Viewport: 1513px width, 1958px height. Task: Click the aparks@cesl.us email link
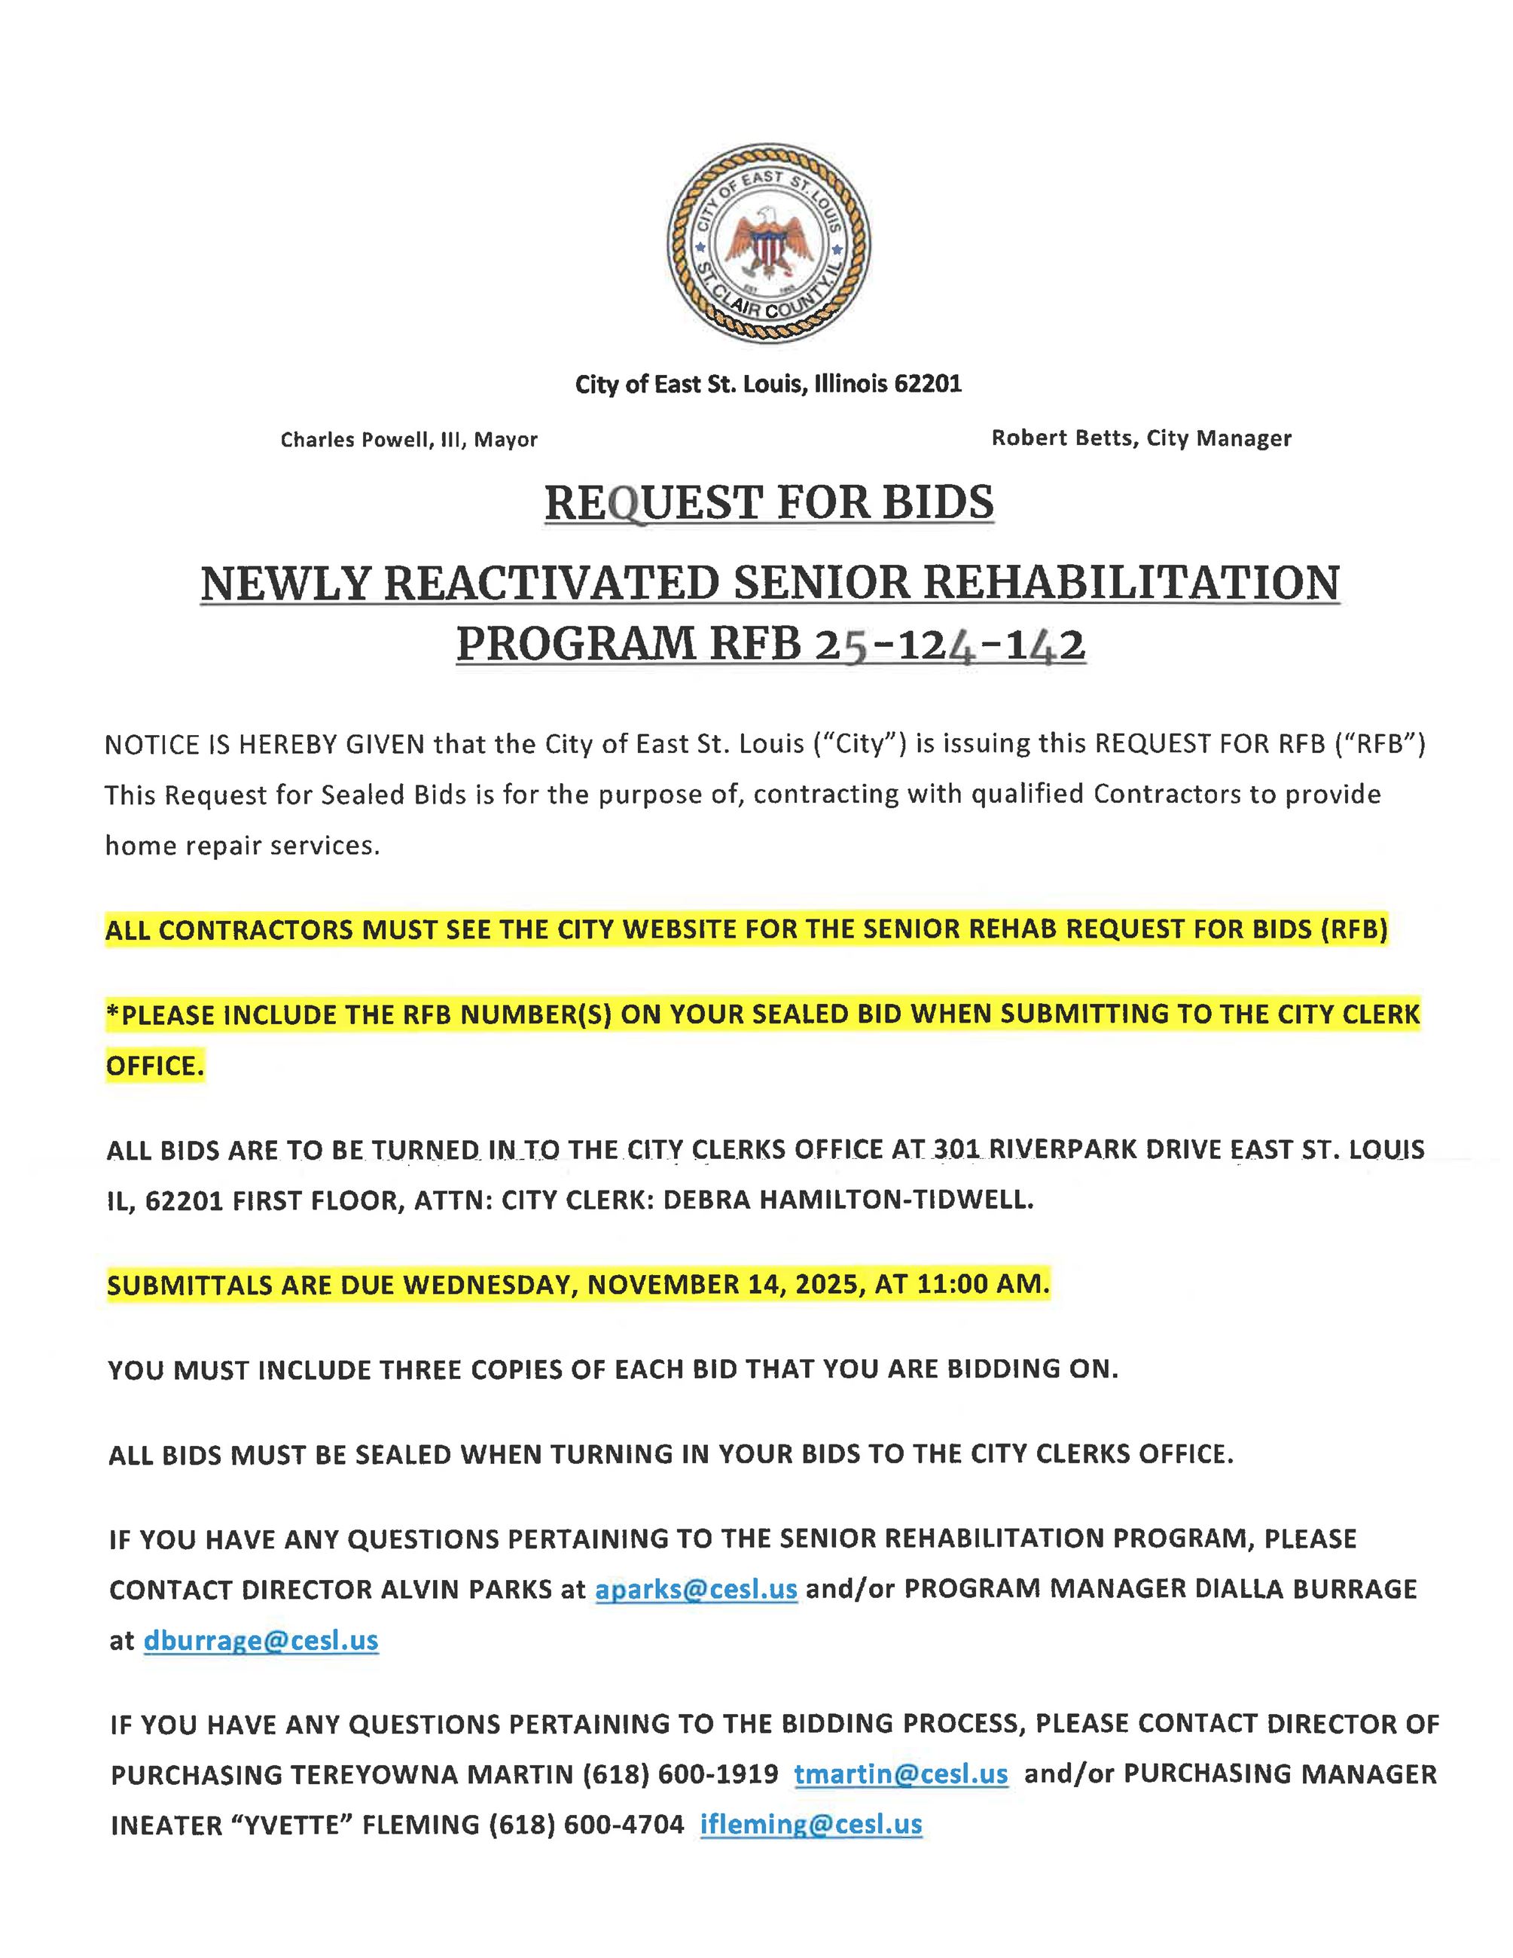[696, 1590]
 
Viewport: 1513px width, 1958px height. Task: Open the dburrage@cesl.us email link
[261, 1641]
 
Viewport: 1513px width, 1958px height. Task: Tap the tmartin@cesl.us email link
[901, 1773]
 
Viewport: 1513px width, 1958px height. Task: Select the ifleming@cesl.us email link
[811, 1825]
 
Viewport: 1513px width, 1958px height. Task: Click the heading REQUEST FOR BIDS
[769, 502]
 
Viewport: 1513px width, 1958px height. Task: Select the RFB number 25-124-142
[950, 645]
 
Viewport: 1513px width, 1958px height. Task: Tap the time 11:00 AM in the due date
[984, 1285]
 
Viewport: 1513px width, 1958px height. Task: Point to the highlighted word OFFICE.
[154, 1066]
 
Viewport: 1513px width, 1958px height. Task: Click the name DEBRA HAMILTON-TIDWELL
[847, 1200]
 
